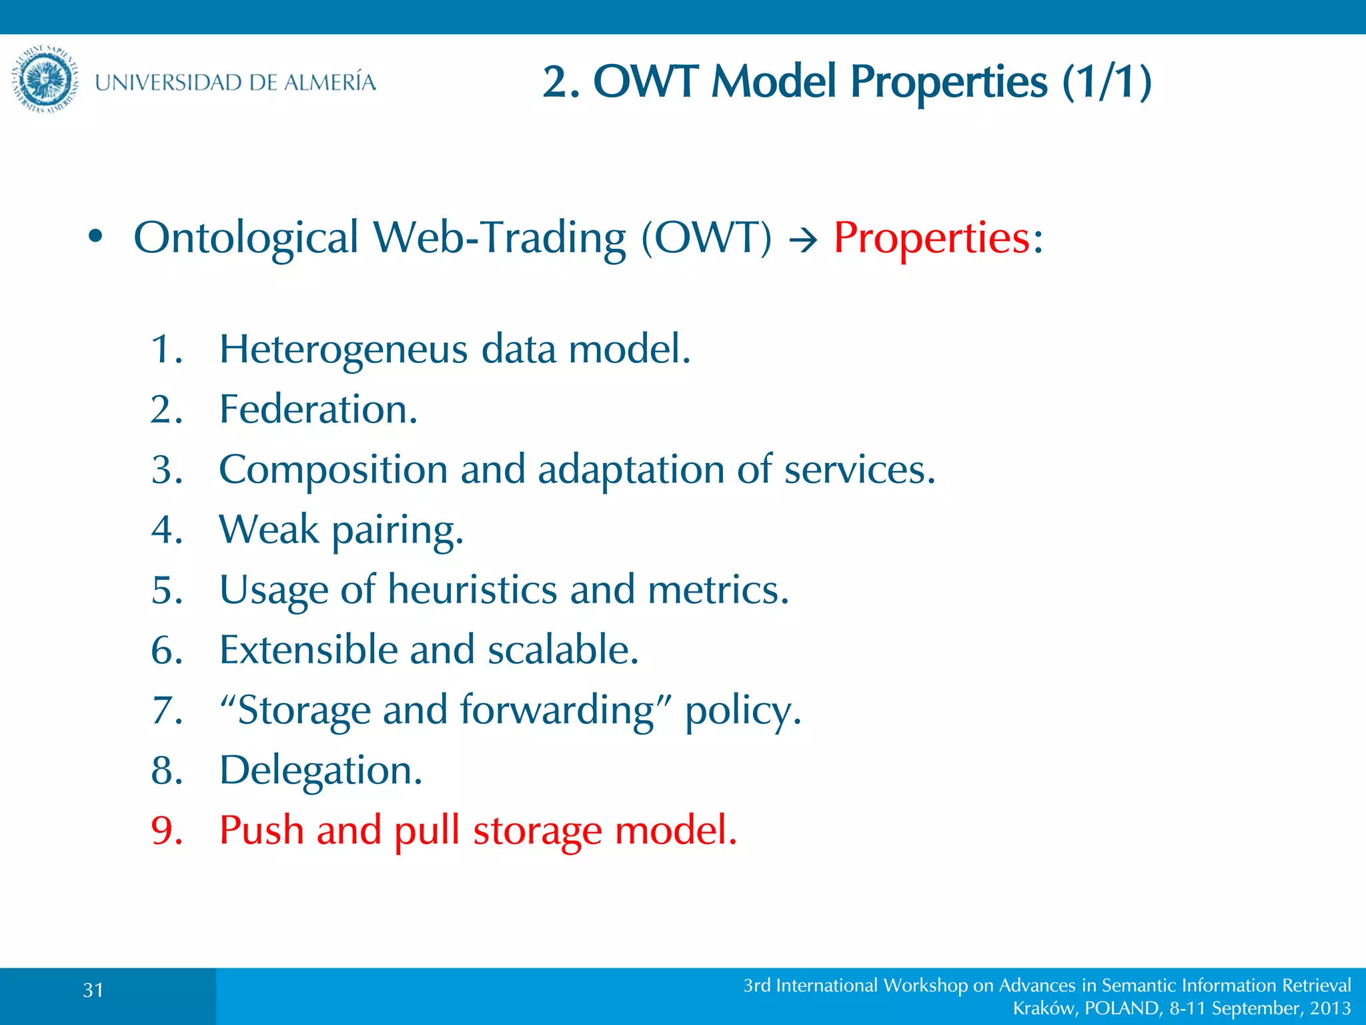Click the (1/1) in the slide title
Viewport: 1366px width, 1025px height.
[x=1107, y=82]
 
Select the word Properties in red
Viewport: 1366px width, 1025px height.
[x=932, y=238]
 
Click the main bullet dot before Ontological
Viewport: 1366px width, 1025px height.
[x=95, y=236]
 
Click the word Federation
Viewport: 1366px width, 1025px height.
[x=318, y=410]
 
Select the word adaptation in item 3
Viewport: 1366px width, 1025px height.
[x=630, y=470]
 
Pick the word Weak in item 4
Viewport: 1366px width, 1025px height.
[x=269, y=530]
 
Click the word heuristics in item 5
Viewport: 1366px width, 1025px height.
[x=472, y=590]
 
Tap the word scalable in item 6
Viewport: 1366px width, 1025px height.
[x=562, y=650]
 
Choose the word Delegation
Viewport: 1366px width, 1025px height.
[x=321, y=771]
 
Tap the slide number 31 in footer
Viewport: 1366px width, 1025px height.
[x=93, y=990]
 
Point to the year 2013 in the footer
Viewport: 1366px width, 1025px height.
[x=1330, y=1008]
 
